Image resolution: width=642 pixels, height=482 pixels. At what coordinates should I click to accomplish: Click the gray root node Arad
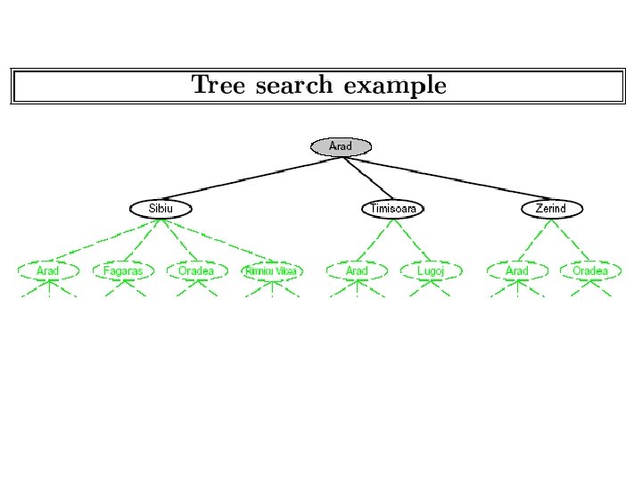341,146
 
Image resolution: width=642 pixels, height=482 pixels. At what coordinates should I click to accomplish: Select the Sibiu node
160,209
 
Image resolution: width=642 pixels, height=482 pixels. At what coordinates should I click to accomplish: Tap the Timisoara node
393,209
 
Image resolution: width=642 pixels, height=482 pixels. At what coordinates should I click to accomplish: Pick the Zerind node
551,209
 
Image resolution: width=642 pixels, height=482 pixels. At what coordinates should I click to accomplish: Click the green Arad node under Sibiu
48,270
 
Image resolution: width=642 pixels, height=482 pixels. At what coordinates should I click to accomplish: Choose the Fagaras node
123,270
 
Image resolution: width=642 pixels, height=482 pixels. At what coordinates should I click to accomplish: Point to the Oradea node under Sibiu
196,270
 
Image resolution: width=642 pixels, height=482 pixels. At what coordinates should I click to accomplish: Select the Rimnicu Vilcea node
272,270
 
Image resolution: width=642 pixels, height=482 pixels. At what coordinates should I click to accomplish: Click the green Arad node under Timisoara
357,270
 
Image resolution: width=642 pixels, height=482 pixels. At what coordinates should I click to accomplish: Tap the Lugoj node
429,270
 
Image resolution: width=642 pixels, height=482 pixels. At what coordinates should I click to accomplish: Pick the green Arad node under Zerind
517,270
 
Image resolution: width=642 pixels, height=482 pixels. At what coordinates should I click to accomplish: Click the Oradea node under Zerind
590,270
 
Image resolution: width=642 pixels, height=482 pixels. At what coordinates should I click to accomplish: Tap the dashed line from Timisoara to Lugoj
410,239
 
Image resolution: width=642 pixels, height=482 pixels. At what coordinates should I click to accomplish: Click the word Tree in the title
219,86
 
